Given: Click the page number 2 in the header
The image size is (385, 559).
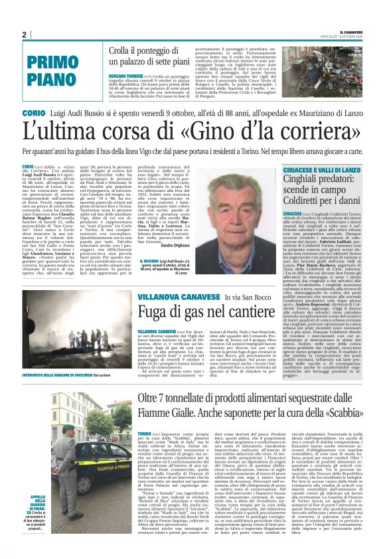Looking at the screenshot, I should click(x=24, y=35).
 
